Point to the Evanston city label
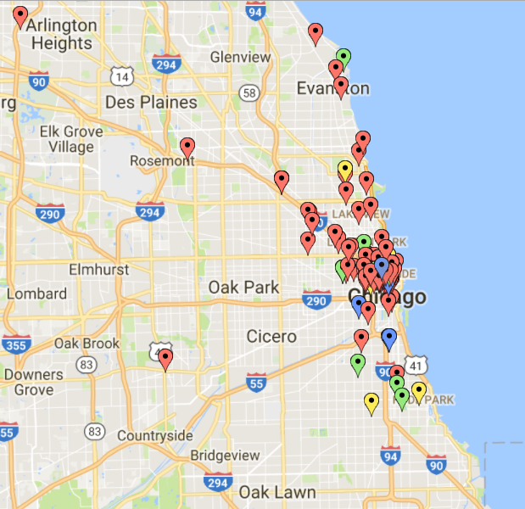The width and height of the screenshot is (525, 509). pos(332,88)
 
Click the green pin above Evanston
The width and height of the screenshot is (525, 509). pos(343,58)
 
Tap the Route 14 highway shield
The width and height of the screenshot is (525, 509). pos(122,77)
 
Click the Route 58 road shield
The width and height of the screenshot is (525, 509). pos(249,92)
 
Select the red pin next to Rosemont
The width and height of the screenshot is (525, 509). pos(187,147)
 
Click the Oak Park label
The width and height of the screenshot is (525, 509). pos(243,288)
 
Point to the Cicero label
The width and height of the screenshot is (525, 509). pos(271,337)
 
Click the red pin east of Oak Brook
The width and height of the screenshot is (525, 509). pos(166,358)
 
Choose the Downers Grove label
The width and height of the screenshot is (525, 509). pos(33,383)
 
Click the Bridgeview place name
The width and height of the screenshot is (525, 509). pos(225,456)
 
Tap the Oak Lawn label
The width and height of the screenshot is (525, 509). pos(276,492)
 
